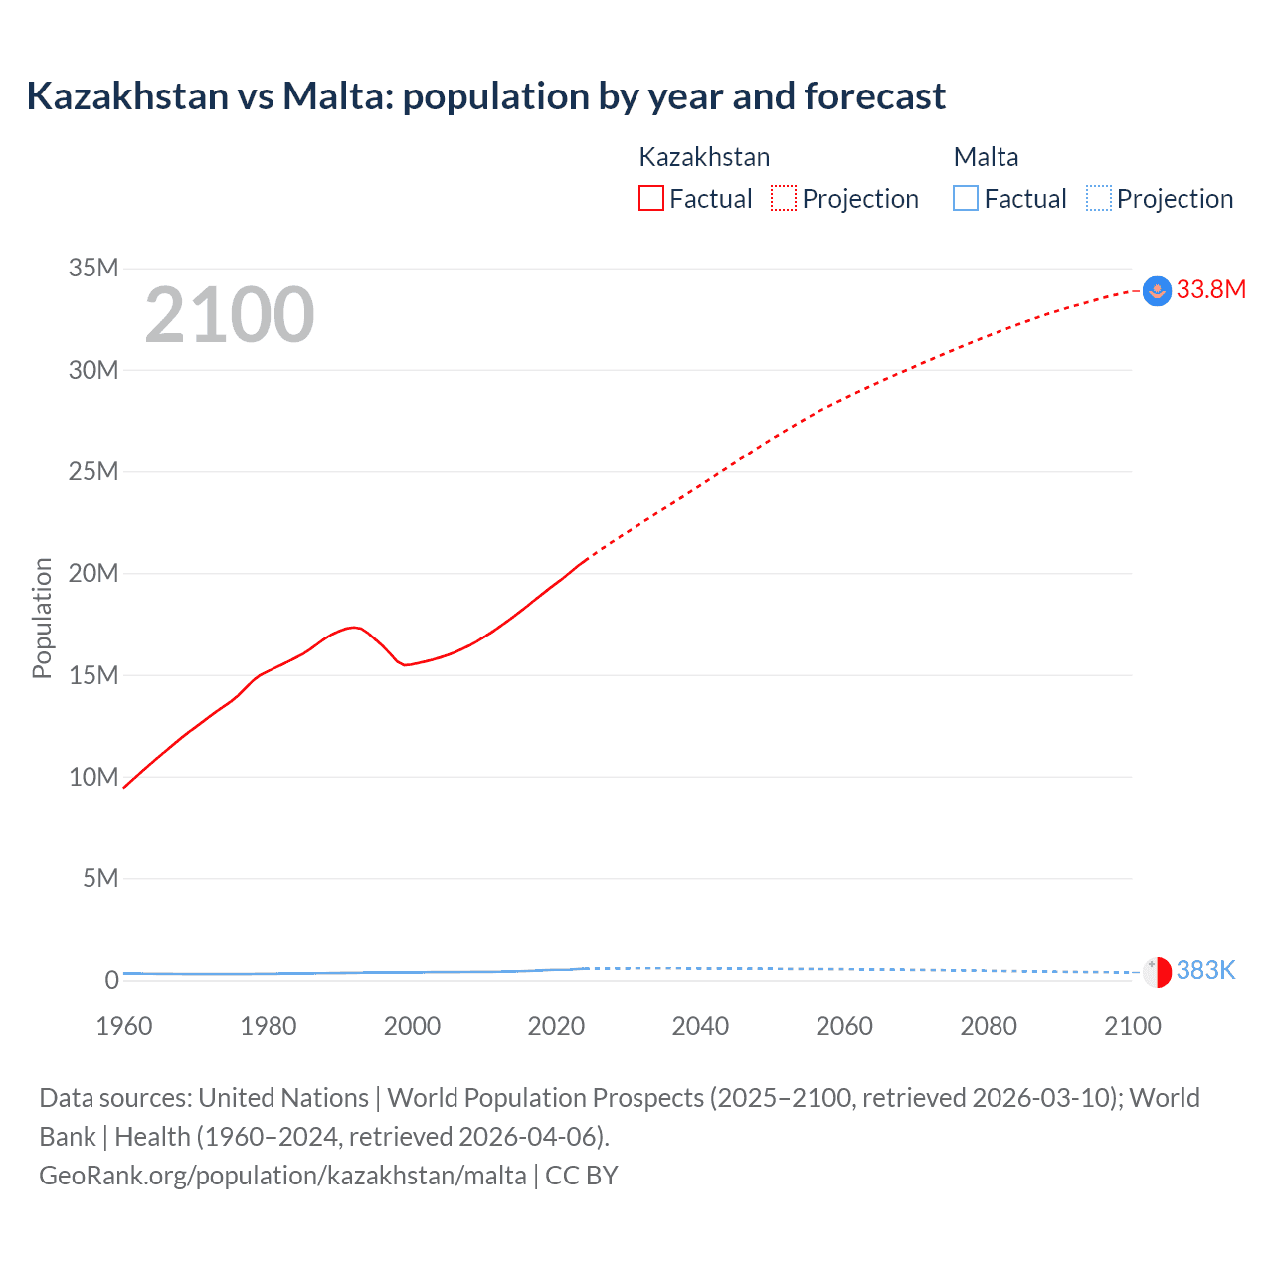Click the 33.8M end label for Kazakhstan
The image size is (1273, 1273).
(1210, 289)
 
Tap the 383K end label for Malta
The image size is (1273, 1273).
(1205, 970)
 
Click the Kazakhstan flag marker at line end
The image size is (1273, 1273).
(1157, 291)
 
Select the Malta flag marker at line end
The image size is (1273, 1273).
(1157, 972)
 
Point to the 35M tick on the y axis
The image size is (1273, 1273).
(93, 268)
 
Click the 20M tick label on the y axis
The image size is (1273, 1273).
(93, 573)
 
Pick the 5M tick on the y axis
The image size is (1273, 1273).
(100, 878)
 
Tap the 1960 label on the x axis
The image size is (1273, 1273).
(124, 1026)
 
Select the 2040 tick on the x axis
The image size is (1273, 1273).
(700, 1026)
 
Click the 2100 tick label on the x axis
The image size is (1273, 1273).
(1132, 1026)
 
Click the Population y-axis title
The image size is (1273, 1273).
(42, 618)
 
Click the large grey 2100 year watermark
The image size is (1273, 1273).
(230, 315)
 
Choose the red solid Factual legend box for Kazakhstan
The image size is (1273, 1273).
(650, 199)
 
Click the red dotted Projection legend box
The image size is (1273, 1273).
(784, 199)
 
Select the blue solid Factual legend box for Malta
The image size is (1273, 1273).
(966, 199)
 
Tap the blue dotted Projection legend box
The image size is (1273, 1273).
(1099, 199)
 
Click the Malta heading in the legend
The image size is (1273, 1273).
(986, 157)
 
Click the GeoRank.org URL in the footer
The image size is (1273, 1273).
(282, 1176)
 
